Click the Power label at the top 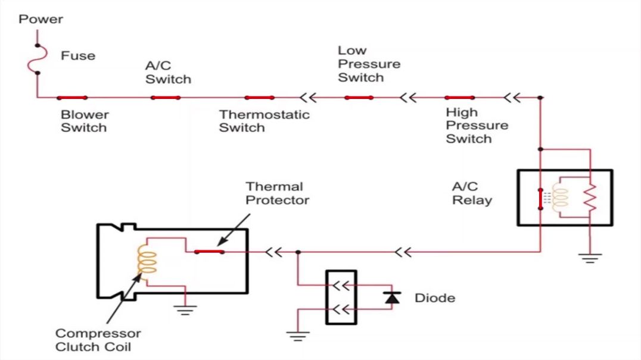point(41,19)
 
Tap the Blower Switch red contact point(72,97)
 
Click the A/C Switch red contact point(165,97)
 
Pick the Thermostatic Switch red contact point(259,97)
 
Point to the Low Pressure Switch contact point(359,97)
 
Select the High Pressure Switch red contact point(460,97)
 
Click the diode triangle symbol point(391,297)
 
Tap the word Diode point(435,297)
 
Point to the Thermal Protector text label point(277,193)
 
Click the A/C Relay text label point(472,193)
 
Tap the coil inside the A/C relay point(561,197)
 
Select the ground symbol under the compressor point(186,309)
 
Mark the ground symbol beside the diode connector point(296,336)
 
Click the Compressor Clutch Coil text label point(98,340)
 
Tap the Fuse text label point(77,55)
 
